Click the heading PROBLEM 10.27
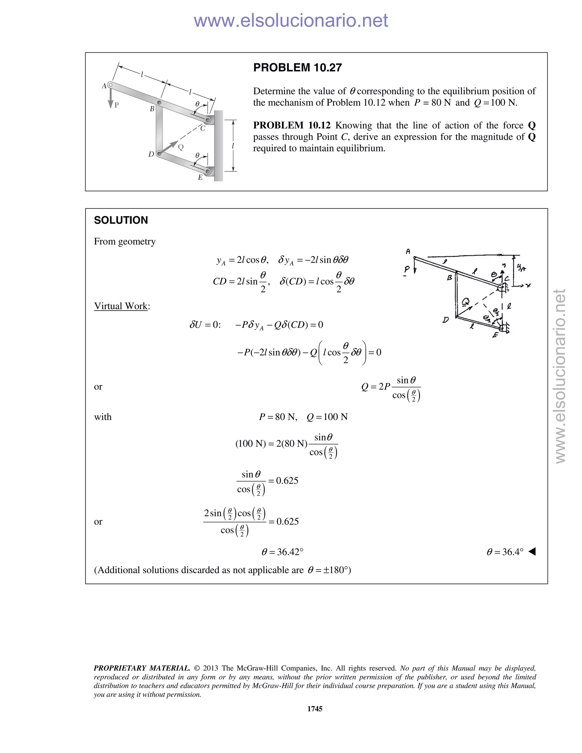click(297, 68)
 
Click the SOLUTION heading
click(121, 220)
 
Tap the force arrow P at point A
click(110, 98)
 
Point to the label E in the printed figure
click(200, 178)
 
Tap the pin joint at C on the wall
click(208, 120)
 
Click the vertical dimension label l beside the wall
click(233, 146)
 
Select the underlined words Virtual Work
click(121, 306)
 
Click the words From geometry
click(124, 241)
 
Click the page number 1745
click(315, 708)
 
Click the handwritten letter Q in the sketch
click(465, 302)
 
